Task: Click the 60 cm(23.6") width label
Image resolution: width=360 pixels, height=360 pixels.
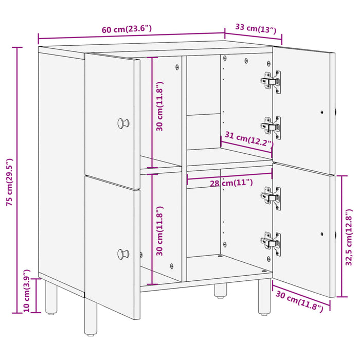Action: pos(127,29)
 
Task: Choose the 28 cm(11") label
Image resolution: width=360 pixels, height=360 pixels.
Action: pos(231,183)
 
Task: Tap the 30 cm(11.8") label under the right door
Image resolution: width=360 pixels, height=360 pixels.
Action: pos(299,300)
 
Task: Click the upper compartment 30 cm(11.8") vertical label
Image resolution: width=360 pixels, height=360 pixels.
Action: pos(160,106)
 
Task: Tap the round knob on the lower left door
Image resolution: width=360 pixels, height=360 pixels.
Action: pos(123,254)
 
